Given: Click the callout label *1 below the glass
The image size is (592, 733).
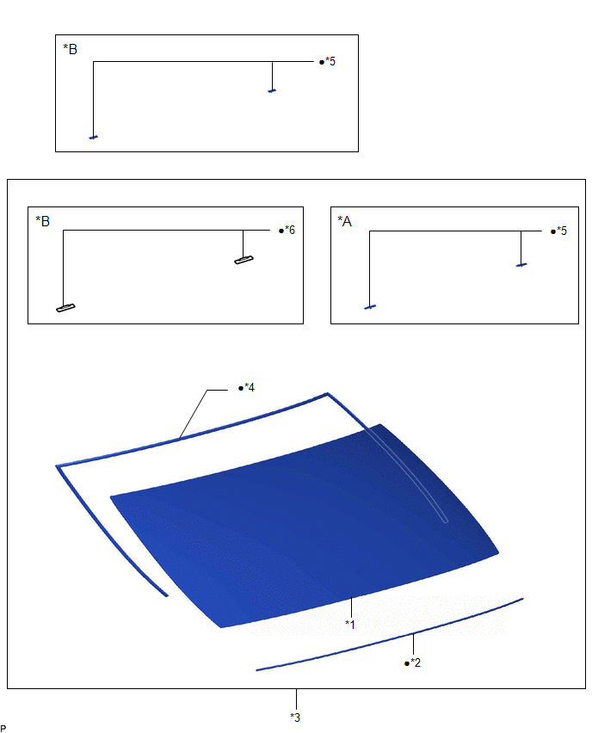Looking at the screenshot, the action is point(350,624).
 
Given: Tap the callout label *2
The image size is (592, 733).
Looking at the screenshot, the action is point(416,662).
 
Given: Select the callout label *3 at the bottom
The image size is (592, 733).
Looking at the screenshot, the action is point(295,718).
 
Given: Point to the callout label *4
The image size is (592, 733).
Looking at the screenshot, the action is point(250,387).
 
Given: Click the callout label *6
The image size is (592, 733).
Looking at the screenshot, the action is point(290,230).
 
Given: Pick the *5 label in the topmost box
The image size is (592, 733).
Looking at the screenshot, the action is point(330,61).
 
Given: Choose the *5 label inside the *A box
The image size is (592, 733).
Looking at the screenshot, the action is point(562,231).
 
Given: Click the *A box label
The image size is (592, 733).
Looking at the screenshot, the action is point(345,221).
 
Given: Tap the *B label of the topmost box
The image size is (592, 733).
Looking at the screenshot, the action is point(71,49).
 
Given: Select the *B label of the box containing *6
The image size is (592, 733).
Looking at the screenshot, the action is point(42,221).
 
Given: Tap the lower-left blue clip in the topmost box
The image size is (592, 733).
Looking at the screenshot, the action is point(94,138).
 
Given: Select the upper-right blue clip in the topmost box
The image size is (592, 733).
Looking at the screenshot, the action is point(272,91).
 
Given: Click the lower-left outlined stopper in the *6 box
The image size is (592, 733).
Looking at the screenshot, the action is point(65,308).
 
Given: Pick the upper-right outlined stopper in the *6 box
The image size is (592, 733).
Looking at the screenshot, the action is point(244,260).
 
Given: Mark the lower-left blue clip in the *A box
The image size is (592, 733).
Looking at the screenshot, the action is point(370,307).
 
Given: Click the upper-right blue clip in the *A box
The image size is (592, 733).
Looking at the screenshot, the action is point(521,265).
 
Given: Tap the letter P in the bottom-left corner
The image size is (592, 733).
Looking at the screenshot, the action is point(3,729).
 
